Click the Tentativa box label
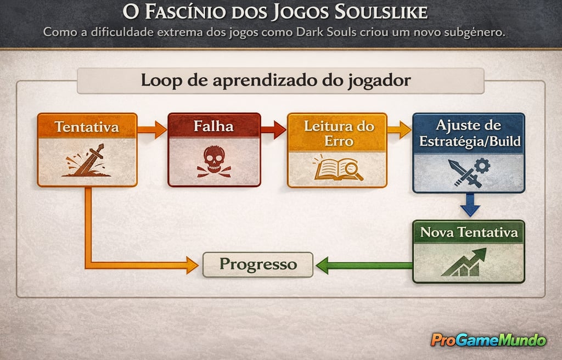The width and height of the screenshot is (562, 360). click(87, 127)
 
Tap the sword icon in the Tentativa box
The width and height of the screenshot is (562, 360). click(86, 161)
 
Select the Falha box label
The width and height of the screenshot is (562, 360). click(213, 126)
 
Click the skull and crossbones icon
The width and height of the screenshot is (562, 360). click(213, 161)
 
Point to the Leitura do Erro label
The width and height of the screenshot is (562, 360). click(337, 133)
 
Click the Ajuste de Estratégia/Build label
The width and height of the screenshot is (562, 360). click(469, 132)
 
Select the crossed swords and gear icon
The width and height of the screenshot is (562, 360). click(468, 172)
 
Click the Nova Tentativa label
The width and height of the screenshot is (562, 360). click(469, 232)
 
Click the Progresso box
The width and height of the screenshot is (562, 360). click(258, 265)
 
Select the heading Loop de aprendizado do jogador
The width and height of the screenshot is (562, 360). click(276, 81)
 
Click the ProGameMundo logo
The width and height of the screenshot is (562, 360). click(488, 340)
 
